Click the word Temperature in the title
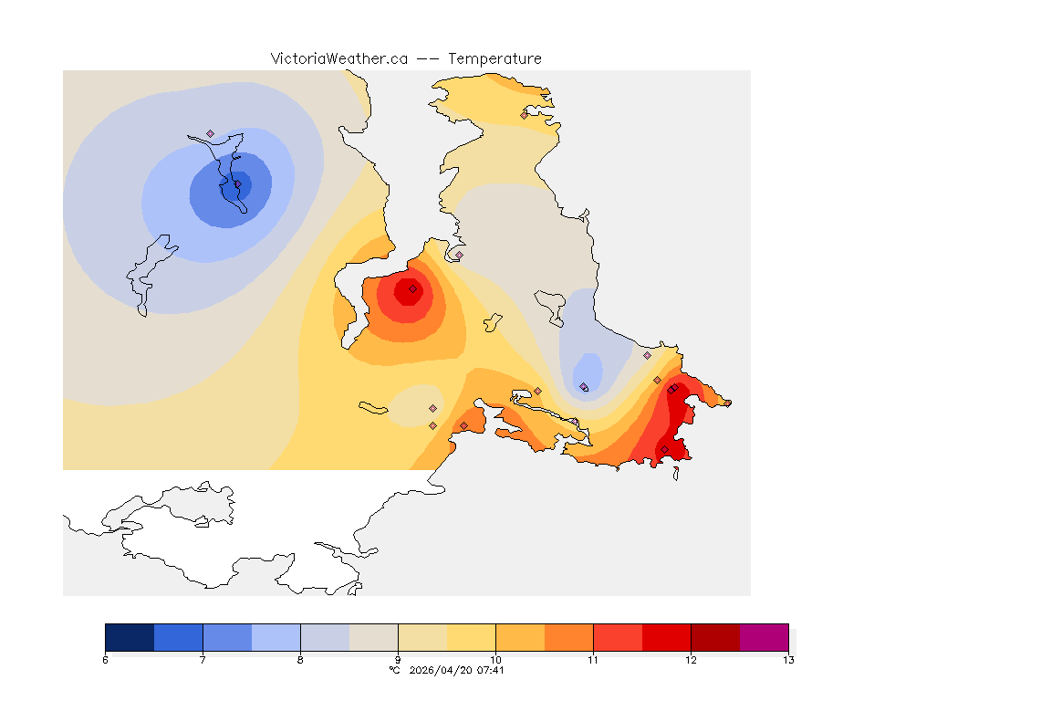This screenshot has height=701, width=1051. [x=494, y=58]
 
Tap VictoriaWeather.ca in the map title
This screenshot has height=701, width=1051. [x=338, y=58]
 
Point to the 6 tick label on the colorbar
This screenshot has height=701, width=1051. [x=106, y=660]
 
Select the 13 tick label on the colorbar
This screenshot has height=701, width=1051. [x=787, y=660]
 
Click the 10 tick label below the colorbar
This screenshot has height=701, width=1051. [x=495, y=660]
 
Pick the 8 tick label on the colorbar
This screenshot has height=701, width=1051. [x=300, y=660]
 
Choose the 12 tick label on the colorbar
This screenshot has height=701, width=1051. [x=691, y=660]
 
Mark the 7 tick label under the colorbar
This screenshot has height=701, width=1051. [x=203, y=660]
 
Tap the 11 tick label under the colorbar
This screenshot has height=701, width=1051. [x=593, y=660]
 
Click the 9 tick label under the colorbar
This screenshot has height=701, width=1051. [x=398, y=660]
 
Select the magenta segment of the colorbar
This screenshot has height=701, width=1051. [x=764, y=636]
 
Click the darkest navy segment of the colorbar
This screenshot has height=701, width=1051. [x=130, y=636]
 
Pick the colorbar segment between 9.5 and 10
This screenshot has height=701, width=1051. [x=471, y=636]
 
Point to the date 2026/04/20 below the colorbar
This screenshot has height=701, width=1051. [x=444, y=670]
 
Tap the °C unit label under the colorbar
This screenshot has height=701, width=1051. [x=394, y=670]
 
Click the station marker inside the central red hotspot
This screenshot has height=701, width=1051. [x=412, y=288]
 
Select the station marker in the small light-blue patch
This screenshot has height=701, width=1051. [x=584, y=387]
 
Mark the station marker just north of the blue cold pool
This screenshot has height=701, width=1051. [x=210, y=133]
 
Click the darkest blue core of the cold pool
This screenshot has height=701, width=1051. [x=242, y=185]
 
